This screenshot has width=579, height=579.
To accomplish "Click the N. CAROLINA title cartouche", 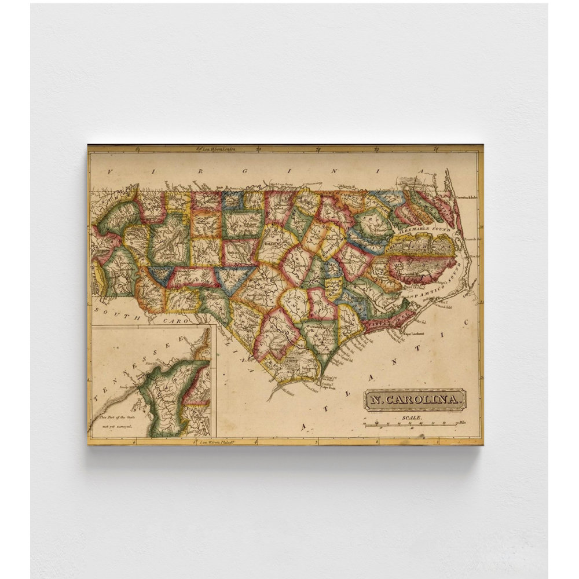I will tap(415, 399).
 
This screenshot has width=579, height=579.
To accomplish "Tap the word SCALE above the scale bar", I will tap(413, 417).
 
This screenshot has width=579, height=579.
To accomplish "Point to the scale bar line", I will tap(413, 424).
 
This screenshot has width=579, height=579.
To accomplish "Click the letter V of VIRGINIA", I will tap(108, 172).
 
